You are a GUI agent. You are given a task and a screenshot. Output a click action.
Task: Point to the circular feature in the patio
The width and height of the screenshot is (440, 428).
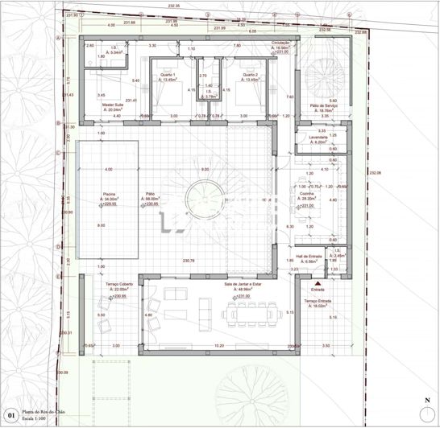pos(198,199)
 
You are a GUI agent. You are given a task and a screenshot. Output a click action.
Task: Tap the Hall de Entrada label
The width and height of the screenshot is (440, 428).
pos(310,257)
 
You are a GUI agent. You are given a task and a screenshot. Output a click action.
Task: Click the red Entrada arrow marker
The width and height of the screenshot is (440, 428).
pos(318,283)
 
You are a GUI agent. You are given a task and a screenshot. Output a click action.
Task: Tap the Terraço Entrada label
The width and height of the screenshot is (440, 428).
pos(317,301)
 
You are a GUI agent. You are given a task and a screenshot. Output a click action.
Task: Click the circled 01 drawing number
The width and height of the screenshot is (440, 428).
pos(10,417)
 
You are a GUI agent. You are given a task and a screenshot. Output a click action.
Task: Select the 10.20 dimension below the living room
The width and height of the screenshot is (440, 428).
pos(218,345)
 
